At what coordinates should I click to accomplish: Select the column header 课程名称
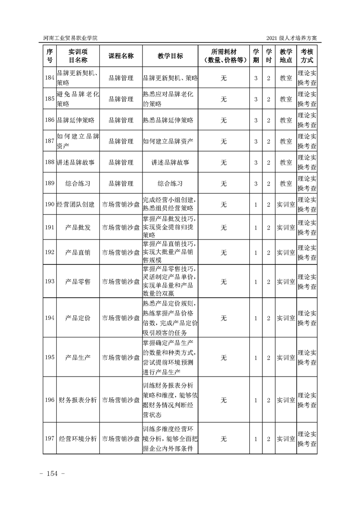(x=121, y=56)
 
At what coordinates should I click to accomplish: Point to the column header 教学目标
(x=170, y=56)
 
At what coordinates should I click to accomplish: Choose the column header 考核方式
(x=307, y=56)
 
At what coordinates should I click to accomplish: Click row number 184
(x=49, y=78)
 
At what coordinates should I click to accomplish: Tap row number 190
(x=49, y=205)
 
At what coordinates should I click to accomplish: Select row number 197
(x=49, y=439)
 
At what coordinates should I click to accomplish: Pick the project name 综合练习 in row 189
(x=78, y=184)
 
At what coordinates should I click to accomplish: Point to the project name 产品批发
(x=78, y=227)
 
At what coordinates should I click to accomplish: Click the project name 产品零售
(x=78, y=281)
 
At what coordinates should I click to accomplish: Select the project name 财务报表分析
(x=78, y=401)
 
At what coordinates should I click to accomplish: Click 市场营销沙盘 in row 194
(x=121, y=318)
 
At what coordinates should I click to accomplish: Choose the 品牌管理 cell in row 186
(x=121, y=120)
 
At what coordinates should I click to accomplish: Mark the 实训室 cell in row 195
(x=286, y=357)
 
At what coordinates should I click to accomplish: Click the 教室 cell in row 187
(x=286, y=142)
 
